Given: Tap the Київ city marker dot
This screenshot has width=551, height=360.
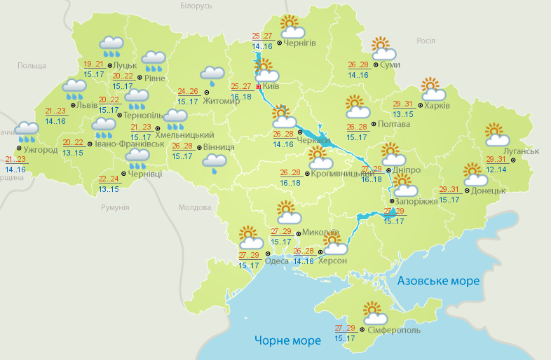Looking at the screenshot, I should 259,87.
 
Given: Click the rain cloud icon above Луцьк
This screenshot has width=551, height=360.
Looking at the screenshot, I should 111,46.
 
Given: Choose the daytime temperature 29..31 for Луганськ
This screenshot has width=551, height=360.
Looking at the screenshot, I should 496,160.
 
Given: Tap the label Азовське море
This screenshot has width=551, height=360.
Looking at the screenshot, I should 438,281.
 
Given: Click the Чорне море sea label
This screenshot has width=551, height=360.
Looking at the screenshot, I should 287,340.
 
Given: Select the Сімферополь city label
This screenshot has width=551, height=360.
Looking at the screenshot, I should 393,329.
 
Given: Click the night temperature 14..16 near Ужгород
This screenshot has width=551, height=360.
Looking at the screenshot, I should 15,169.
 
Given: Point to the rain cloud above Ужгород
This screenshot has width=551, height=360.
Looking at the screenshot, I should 27,130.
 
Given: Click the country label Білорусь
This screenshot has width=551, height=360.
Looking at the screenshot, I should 196,6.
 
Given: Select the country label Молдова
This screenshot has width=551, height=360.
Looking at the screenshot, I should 194,208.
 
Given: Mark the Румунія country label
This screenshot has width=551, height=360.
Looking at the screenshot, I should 115,208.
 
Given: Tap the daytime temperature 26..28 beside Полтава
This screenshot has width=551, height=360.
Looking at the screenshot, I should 357,127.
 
